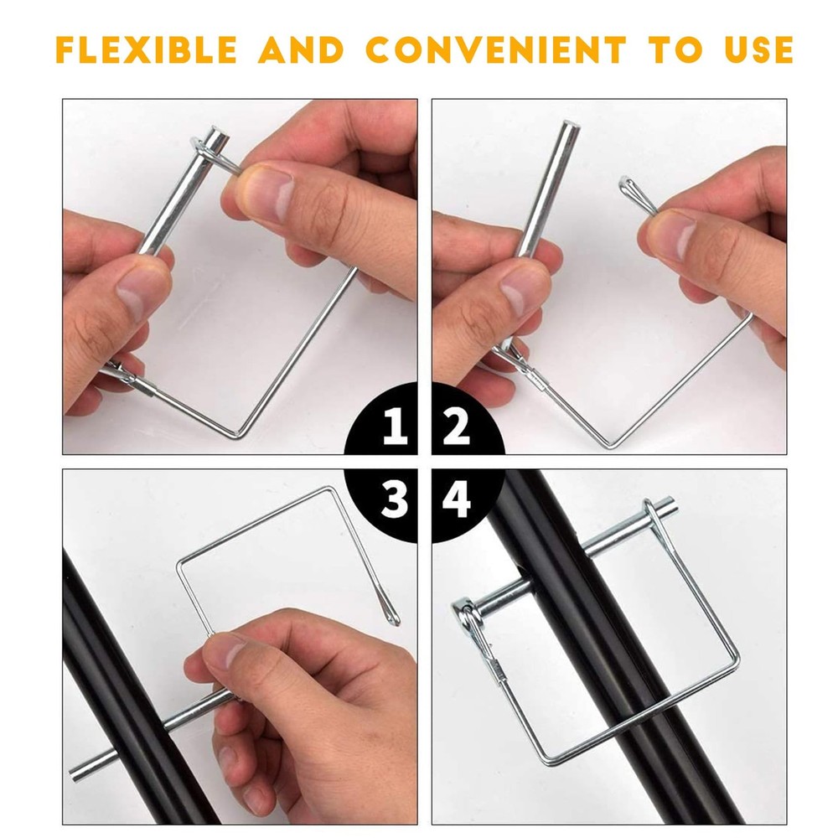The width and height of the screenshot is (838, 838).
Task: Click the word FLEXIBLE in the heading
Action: point(147,49)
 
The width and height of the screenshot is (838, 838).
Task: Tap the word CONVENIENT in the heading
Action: point(495,49)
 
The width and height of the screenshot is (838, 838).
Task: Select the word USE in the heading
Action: point(758,49)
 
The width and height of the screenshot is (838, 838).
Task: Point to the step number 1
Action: point(396,426)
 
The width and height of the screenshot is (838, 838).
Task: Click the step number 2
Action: point(457,426)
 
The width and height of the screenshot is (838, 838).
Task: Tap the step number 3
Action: point(394,499)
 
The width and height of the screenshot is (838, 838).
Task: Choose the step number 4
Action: point(457,499)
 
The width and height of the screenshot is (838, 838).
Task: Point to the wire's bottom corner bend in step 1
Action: point(238,434)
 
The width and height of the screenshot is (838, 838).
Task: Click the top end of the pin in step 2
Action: point(570,127)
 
